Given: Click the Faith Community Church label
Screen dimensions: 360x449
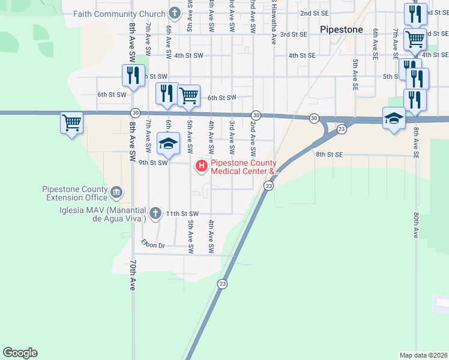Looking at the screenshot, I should coord(119,13).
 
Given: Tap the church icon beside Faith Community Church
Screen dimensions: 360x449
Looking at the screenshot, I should coord(175,13).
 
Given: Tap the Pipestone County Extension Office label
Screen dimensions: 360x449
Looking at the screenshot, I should coord(75,193).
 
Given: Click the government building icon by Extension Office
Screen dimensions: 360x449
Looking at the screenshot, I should coord(116,193).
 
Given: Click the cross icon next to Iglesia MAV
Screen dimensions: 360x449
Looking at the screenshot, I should coord(155,213).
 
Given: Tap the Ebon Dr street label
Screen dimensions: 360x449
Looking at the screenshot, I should coord(153,245).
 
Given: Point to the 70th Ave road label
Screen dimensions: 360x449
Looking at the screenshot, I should coord(133,275).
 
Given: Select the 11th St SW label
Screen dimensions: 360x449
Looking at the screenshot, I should coord(182,214).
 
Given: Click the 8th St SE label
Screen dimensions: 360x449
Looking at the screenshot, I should coord(329,154).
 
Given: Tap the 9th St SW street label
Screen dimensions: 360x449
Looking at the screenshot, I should coord(152,162).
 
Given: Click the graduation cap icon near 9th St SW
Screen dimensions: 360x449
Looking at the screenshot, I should coord(169,143).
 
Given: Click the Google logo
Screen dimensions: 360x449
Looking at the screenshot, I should coord(20,353).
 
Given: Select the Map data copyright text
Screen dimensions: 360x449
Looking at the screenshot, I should coord(423,355).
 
